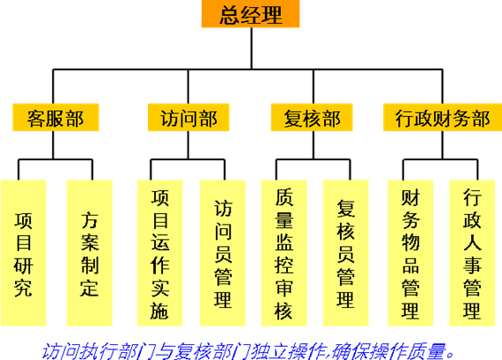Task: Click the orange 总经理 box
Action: point(250,14)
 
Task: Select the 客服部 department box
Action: point(55,117)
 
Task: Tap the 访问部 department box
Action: point(188,117)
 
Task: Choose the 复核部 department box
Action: point(312,117)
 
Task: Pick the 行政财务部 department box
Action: point(442,117)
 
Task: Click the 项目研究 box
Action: point(24,253)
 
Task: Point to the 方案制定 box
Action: point(89,253)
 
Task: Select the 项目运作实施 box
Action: point(159,253)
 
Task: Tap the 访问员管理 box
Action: point(223,253)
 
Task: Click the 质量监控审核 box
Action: point(284,253)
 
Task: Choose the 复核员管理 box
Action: point(346,253)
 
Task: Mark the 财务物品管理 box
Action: point(410,253)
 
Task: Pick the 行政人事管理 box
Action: point(472,253)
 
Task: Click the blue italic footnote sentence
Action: point(248,351)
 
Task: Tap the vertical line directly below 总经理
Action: point(252,48)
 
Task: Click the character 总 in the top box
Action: point(230,15)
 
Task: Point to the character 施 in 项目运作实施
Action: point(159,310)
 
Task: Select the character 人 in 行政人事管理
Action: point(472,242)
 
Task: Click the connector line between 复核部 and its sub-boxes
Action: point(314,145)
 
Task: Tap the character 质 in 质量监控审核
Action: point(284,197)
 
